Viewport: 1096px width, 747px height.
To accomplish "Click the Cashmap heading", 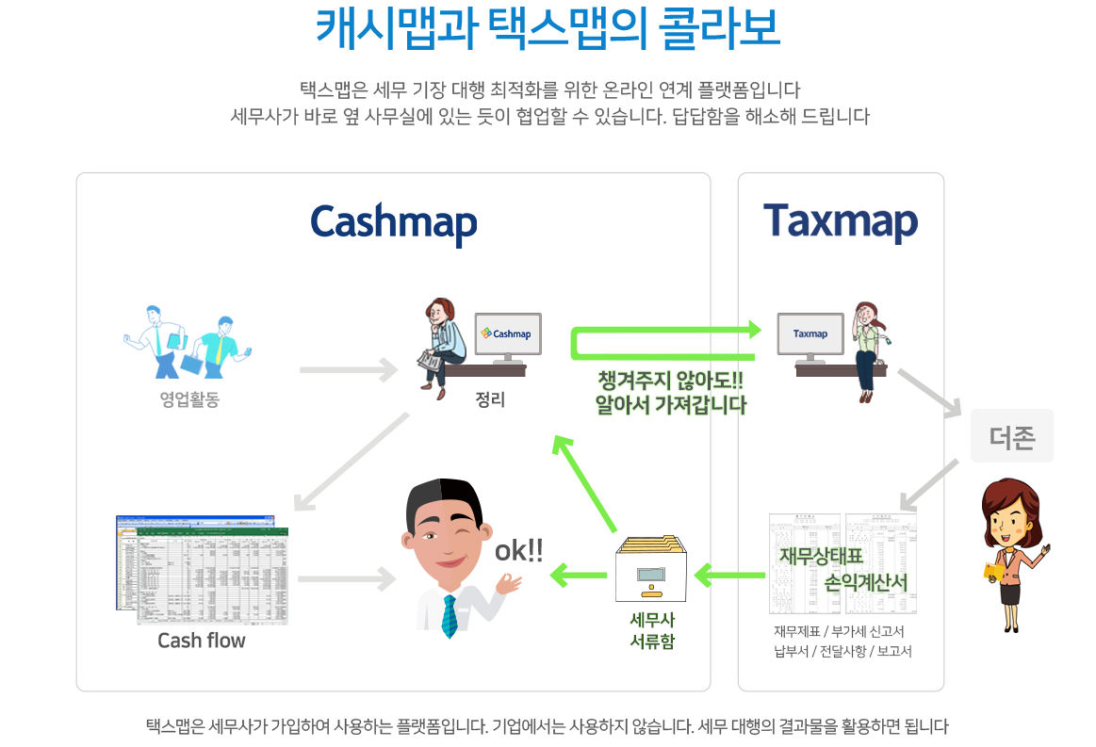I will coord(394,223).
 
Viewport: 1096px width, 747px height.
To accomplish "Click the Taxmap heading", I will coord(841,220).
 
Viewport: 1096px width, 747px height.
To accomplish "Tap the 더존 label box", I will coord(1011,437).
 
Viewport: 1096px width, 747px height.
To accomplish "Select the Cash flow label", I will coord(201,641).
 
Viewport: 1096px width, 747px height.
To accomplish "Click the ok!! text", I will coord(518,552).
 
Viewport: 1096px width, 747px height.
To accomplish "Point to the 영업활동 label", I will coord(189,400).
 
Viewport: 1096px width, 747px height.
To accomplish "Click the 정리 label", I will coord(490,400).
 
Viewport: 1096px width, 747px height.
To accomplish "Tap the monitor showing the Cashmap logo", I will coord(507,335).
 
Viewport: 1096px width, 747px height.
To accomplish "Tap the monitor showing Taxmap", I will coord(810,335).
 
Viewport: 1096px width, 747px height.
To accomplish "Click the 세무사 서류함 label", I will coord(651,630).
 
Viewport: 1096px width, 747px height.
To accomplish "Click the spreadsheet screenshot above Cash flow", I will coord(204,569).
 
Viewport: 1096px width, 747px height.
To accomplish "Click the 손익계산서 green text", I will coord(865,582).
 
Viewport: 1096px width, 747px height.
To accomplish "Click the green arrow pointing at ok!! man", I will coord(578,573).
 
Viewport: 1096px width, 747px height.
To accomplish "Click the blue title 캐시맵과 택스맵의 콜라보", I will coord(547,28).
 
